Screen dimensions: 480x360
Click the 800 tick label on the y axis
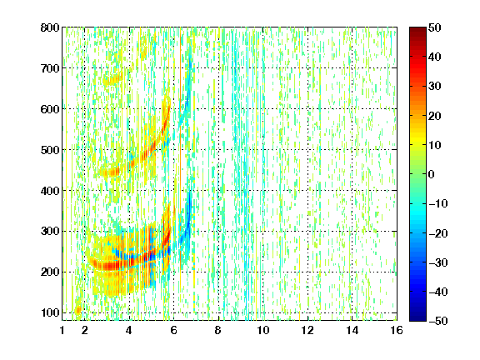(50, 27)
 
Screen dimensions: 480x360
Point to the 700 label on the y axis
(50, 68)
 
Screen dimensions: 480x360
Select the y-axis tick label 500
(50, 150)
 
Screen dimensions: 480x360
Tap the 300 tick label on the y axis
(50, 232)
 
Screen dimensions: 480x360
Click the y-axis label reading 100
(50, 312)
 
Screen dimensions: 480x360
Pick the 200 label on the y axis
(50, 272)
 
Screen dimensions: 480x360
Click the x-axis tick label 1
(62, 330)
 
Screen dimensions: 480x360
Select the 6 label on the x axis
(174, 330)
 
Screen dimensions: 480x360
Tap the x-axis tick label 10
(263, 330)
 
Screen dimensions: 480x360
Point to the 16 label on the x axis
(397, 330)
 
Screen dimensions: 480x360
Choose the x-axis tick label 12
(307, 330)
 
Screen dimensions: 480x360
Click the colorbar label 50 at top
(434, 27)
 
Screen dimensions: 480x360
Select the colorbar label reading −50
(438, 321)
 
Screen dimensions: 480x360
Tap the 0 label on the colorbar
(432, 174)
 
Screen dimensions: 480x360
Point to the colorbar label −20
(438, 233)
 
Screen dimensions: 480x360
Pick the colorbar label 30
(434, 87)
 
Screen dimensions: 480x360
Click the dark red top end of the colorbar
(417, 30)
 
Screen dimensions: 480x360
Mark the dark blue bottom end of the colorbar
(417, 318)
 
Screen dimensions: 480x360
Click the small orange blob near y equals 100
(78, 310)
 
